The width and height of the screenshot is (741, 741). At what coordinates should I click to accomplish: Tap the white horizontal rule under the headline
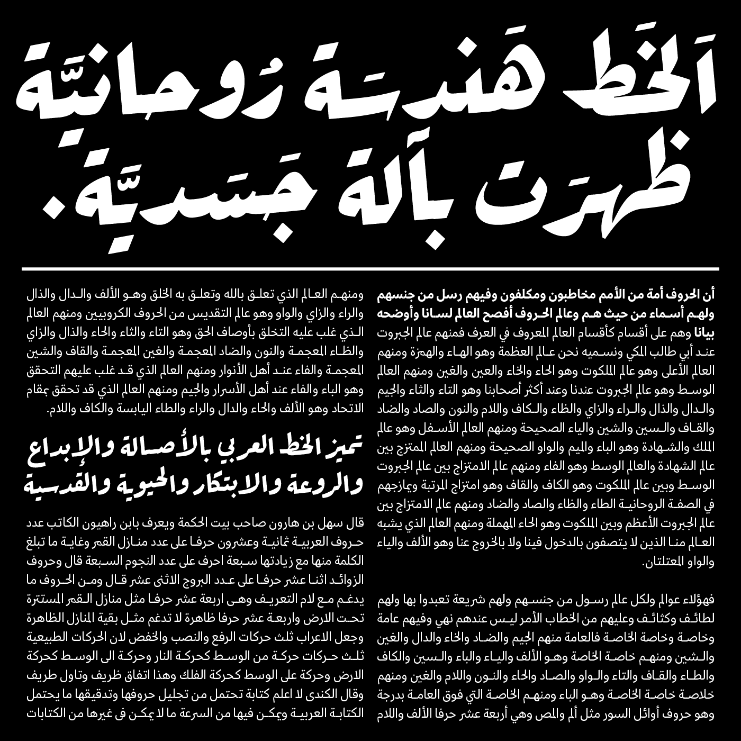tap(370, 270)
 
